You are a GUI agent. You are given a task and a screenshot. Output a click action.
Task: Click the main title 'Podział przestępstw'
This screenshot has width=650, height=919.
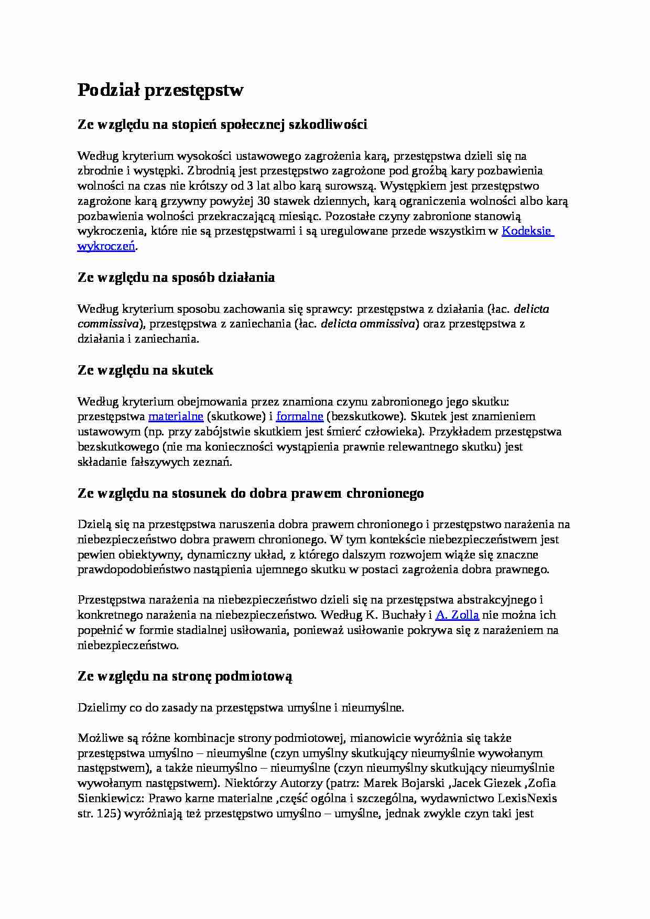(x=160, y=90)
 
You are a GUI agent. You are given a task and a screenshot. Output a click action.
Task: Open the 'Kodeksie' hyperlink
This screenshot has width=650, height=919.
(x=527, y=231)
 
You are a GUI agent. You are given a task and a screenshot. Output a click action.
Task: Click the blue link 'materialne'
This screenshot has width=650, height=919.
(x=176, y=417)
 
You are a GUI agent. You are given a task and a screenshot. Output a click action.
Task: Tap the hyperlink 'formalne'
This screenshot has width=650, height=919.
(x=299, y=417)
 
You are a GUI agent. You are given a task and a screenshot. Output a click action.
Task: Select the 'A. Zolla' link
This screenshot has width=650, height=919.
(x=457, y=615)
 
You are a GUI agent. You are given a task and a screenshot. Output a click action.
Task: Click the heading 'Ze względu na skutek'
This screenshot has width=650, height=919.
(x=145, y=370)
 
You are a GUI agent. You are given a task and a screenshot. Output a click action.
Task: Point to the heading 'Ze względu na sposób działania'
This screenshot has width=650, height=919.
(x=176, y=278)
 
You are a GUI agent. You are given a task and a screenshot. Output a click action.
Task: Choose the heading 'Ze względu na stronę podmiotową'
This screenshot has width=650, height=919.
(x=185, y=676)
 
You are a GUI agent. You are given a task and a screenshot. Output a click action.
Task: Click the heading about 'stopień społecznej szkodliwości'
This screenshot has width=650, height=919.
(x=222, y=125)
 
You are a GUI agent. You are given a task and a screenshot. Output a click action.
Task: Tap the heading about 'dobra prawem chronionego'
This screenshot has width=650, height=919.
(x=251, y=494)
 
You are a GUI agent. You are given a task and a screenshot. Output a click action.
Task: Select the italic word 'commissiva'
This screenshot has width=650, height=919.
(x=109, y=324)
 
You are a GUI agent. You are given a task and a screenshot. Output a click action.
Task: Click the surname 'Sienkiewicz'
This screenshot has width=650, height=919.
(x=110, y=798)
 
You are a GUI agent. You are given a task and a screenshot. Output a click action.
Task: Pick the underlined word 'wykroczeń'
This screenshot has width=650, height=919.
(x=106, y=246)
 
